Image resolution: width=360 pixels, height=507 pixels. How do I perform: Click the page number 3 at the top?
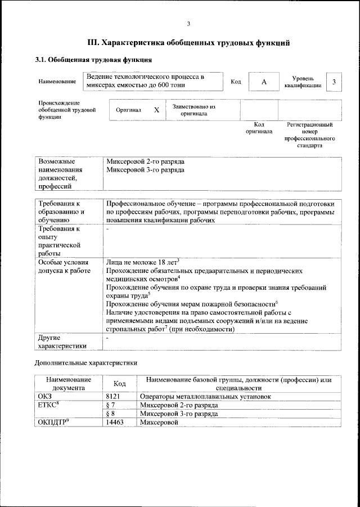188,23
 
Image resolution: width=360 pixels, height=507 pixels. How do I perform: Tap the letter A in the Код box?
263,82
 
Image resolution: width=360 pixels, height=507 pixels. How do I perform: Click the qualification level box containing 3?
334,82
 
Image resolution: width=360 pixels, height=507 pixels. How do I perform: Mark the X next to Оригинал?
156,110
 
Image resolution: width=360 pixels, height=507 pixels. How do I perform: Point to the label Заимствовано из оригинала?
193,110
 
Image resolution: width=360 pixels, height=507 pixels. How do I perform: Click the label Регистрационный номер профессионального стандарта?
310,134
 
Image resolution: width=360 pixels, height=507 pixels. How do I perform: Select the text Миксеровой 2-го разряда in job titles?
145,161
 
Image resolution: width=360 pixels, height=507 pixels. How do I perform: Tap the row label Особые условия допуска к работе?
63,266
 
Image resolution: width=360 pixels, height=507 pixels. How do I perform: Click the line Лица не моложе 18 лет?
142,262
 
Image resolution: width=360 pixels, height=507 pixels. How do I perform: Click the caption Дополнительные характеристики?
86,363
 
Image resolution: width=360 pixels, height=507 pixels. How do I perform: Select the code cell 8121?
114,396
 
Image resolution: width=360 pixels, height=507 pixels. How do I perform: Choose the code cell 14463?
115,421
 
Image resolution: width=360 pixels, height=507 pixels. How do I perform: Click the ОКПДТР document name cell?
53,421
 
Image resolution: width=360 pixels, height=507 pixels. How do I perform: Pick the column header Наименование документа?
68,383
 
